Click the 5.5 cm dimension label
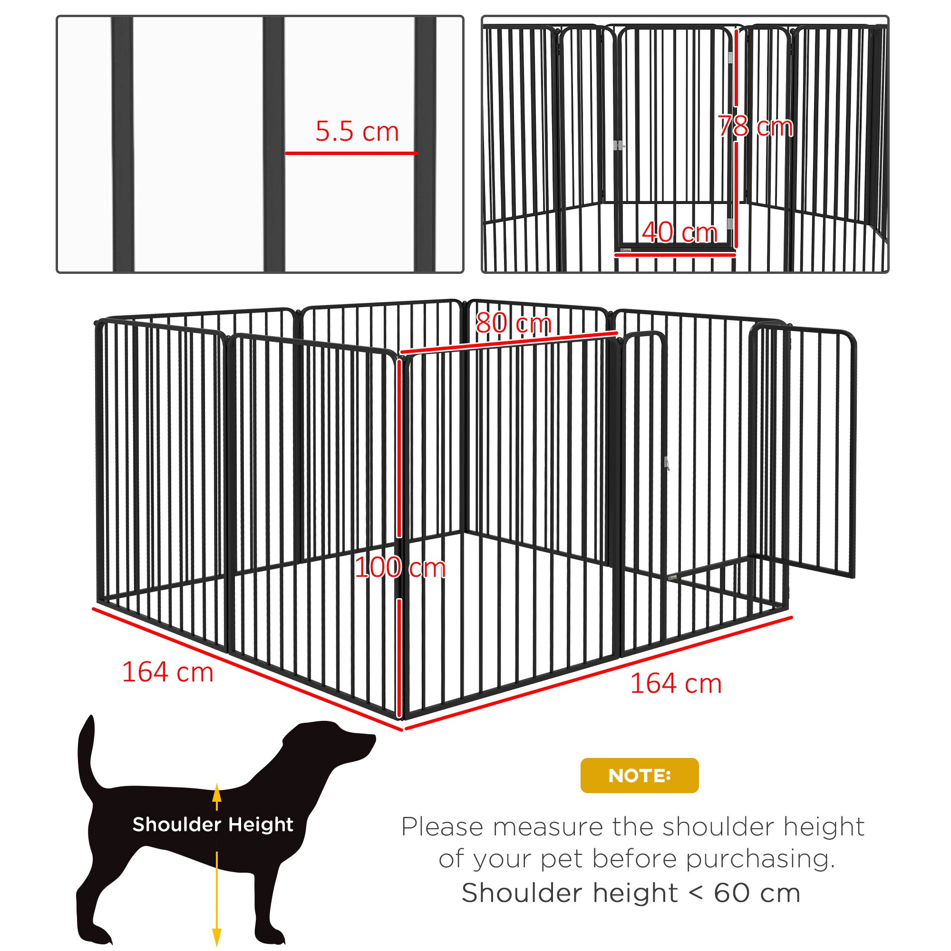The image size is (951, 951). point(357,132)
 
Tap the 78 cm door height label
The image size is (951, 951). point(755,126)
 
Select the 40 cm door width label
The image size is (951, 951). point(679,233)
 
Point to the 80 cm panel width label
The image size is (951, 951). point(514,323)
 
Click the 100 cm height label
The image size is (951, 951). point(400,568)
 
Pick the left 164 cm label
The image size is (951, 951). point(167,672)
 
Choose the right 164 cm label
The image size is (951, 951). point(676,684)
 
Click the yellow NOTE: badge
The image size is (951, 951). point(639,775)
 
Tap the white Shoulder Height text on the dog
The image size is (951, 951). point(213,824)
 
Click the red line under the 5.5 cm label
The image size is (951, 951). point(351,153)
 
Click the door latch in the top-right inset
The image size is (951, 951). point(619,145)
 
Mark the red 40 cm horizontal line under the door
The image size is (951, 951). point(675,255)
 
